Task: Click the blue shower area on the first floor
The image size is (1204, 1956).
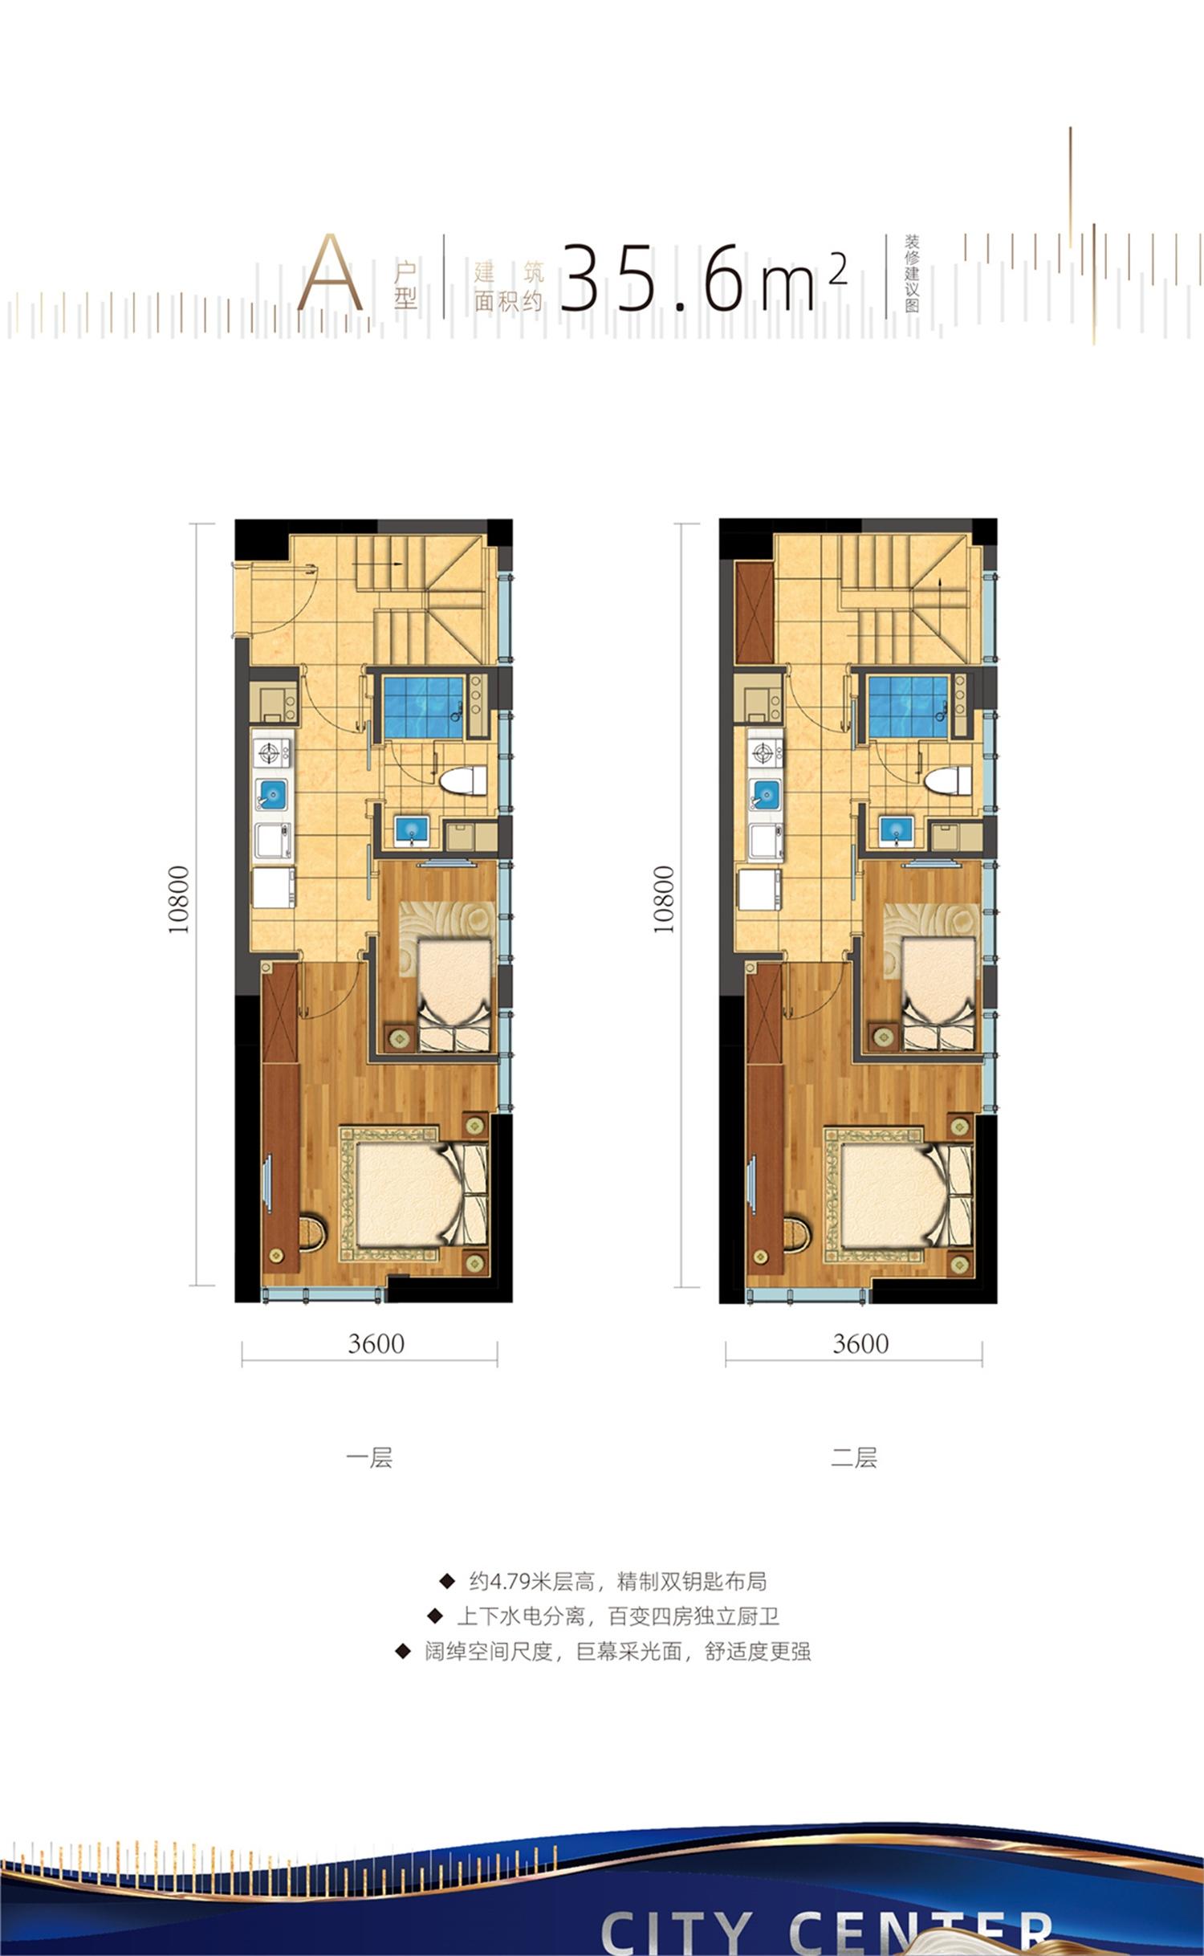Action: [x=423, y=707]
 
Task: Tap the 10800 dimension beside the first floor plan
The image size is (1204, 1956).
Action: [x=178, y=899]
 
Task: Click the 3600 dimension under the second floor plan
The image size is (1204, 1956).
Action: [x=860, y=1343]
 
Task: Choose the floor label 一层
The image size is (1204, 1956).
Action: [x=369, y=1457]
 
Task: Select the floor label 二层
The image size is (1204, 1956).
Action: [x=854, y=1457]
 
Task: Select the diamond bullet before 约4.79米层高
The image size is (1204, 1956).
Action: [x=447, y=1582]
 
